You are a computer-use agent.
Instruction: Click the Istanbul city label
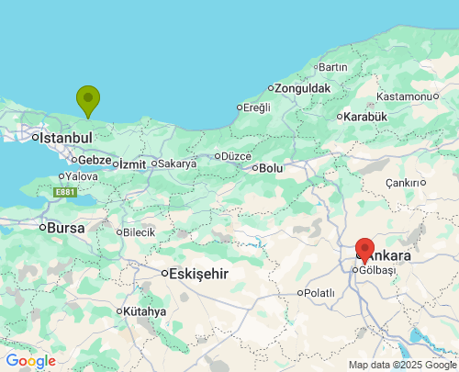pyautogui.click(x=65, y=138)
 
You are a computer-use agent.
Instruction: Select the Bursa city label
pyautogui.click(x=65, y=228)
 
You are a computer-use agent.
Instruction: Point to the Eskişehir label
pyautogui.click(x=198, y=274)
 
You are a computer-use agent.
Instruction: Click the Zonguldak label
pyautogui.click(x=303, y=88)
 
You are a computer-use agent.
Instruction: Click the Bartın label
pyautogui.click(x=332, y=67)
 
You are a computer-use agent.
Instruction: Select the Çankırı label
pyautogui.click(x=402, y=183)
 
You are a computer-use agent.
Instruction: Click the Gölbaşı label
pyautogui.click(x=376, y=270)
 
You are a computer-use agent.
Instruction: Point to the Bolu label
pyautogui.click(x=271, y=168)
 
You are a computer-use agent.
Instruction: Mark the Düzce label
pyautogui.click(x=235, y=155)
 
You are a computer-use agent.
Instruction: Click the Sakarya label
pyautogui.click(x=177, y=163)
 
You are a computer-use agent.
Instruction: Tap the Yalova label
pyautogui.click(x=82, y=175)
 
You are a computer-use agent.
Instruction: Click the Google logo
pyautogui.click(x=31, y=361)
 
